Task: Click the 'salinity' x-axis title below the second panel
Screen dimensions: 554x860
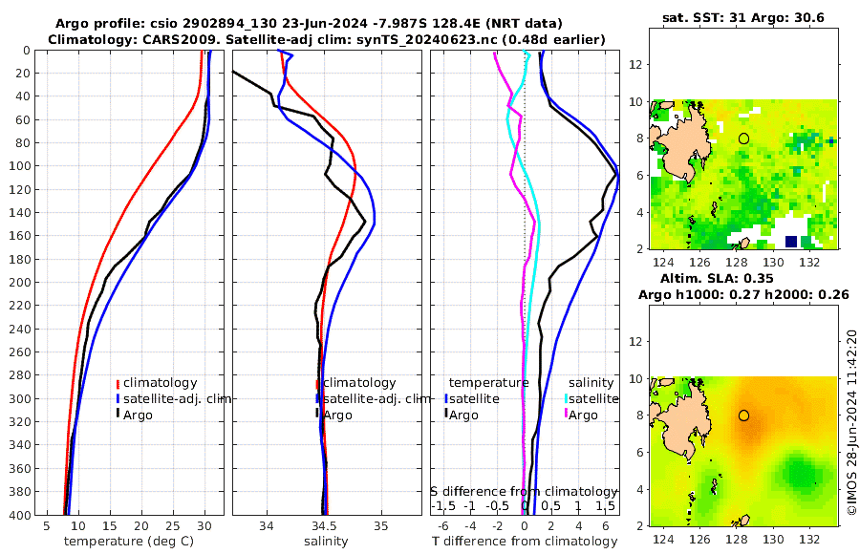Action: (325, 542)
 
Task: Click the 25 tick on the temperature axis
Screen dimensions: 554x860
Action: (173, 526)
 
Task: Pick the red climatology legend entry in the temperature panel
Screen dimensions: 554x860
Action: (159, 383)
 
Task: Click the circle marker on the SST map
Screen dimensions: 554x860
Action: (743, 138)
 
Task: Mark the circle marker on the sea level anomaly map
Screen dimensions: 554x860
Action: (743, 415)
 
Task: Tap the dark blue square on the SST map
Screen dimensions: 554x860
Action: (790, 241)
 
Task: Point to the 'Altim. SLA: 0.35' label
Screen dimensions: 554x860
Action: (743, 278)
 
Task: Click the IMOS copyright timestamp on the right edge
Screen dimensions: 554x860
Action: (851, 423)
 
